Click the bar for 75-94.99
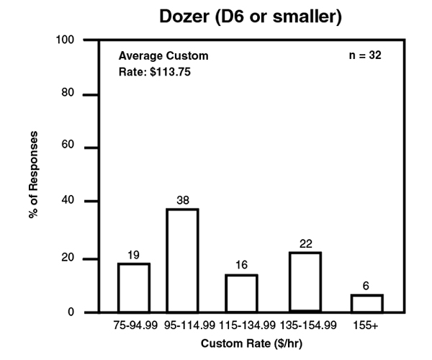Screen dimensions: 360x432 point(135,288)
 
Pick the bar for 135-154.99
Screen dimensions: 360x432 point(305,282)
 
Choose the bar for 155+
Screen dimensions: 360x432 point(366,303)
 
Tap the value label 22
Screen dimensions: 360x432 point(305,243)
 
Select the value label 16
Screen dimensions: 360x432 point(241,265)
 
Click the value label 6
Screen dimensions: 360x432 point(366,285)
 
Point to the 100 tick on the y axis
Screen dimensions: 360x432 point(66,40)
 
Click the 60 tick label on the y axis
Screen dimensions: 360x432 point(68,148)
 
